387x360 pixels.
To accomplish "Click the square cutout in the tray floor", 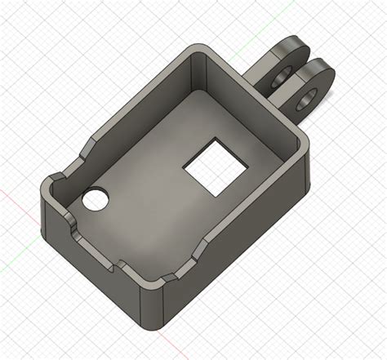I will (x=215, y=169).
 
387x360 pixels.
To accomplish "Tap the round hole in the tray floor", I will (x=96, y=199).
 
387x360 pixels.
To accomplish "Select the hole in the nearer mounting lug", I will (x=309, y=100).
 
